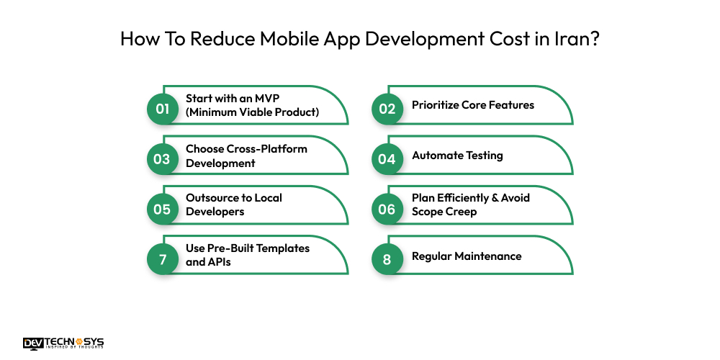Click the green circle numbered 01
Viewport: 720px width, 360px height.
(162, 109)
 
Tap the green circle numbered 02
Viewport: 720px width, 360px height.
(387, 109)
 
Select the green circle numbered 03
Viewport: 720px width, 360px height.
(162, 159)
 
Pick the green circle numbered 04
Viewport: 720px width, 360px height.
(387, 159)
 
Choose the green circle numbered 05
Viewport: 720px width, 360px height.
(162, 209)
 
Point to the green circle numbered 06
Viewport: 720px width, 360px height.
(387, 209)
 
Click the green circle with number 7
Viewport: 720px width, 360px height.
(162, 259)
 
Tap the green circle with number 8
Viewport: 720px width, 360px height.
(387, 259)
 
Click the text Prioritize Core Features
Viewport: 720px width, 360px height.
(473, 105)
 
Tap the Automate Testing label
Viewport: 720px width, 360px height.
(457, 156)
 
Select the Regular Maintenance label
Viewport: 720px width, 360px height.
(467, 256)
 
